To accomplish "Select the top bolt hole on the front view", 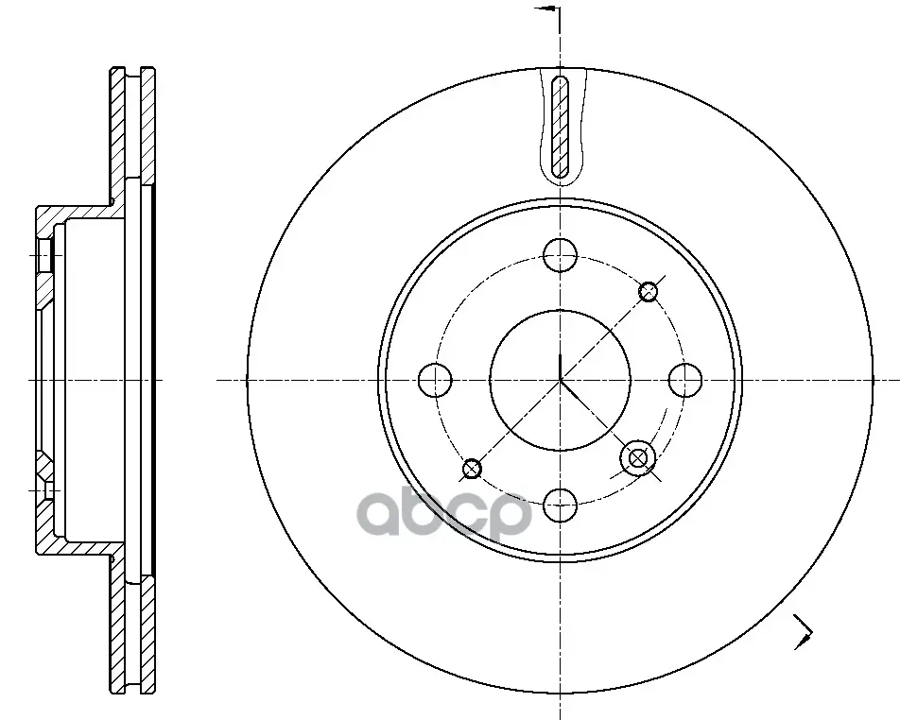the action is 561,255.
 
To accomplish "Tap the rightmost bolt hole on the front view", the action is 685,380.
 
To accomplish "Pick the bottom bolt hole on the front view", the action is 561,505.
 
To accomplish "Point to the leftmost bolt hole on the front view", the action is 436,380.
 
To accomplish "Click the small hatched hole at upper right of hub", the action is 649,291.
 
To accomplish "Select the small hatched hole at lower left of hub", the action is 472,469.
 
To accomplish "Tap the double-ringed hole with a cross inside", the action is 638,458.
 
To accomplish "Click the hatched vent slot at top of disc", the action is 560,127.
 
